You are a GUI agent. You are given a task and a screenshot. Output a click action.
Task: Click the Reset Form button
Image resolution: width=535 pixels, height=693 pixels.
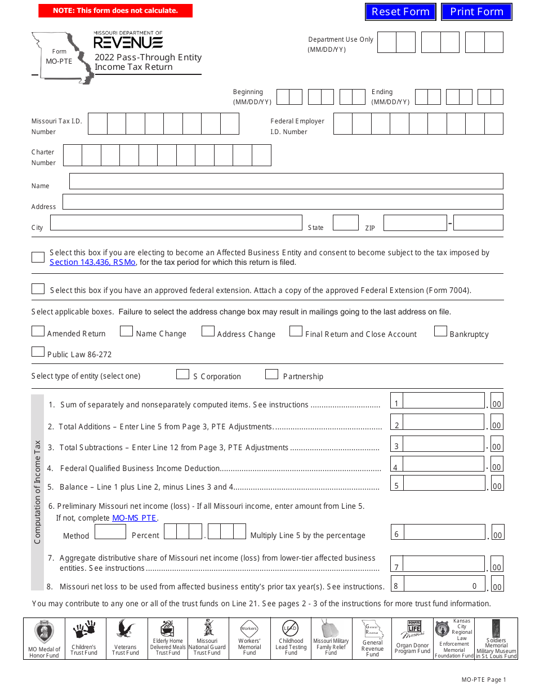click(x=400, y=11)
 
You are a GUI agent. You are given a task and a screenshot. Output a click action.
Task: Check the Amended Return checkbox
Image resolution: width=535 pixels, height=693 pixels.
click(x=38, y=331)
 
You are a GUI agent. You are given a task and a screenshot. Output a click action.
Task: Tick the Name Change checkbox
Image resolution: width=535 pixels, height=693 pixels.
click(x=127, y=331)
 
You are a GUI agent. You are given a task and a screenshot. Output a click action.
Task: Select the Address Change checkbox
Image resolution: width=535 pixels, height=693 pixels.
click(x=208, y=331)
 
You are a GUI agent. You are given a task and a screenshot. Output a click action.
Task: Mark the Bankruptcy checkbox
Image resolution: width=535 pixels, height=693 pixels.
click(x=440, y=331)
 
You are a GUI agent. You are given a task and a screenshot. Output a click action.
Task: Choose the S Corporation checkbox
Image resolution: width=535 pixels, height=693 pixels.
click(x=182, y=374)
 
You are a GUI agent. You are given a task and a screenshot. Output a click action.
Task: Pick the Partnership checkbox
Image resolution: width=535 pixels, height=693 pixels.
click(x=271, y=374)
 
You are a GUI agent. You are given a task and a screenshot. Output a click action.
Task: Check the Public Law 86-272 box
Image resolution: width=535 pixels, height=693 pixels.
click(x=38, y=352)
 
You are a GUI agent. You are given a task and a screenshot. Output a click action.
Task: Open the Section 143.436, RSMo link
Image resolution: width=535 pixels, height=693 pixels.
click(x=92, y=262)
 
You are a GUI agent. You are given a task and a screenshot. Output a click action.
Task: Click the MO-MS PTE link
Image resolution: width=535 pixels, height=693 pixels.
click(x=134, y=518)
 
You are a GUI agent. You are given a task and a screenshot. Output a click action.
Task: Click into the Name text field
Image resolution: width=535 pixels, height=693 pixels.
click(x=286, y=181)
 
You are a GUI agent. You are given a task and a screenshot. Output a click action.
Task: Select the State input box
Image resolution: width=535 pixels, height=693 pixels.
click(x=345, y=223)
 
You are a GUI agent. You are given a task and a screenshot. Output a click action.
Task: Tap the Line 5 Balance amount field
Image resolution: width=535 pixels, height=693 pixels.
click(x=444, y=483)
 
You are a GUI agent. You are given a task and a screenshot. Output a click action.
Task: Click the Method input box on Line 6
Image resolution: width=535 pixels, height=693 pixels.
click(x=110, y=532)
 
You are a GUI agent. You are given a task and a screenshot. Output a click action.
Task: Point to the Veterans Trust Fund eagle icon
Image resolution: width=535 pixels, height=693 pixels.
click(x=125, y=629)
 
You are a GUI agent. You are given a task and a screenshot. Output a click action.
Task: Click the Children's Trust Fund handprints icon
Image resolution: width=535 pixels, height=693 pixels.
click(x=84, y=629)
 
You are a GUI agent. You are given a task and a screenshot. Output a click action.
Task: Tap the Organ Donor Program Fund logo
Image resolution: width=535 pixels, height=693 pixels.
click(x=413, y=629)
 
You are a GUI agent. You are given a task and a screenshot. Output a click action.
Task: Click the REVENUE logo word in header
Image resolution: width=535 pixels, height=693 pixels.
click(x=128, y=43)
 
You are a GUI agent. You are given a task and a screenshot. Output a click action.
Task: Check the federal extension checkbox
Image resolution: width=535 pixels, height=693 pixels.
click(x=38, y=288)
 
